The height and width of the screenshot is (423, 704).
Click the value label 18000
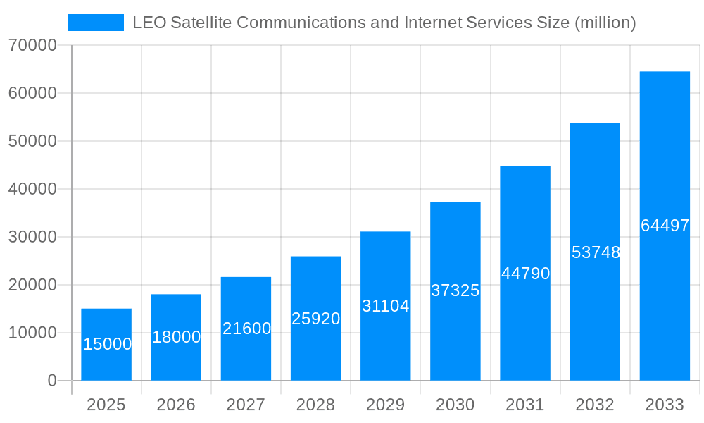[x=176, y=337]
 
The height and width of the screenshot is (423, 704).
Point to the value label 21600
[x=246, y=329]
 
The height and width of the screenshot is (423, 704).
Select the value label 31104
[x=385, y=306]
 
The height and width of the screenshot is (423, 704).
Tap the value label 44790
[x=525, y=274]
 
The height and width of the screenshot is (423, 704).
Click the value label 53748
[x=596, y=252]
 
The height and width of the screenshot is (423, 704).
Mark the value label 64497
[x=665, y=226]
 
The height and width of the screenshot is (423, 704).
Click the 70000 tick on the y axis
[x=32, y=45]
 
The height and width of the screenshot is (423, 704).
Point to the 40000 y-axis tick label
[x=32, y=189]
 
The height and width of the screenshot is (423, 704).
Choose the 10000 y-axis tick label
[x=32, y=333]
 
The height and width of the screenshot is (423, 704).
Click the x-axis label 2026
[x=176, y=405]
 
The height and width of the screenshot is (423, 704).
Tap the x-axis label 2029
[x=385, y=405]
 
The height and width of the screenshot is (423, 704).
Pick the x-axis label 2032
[x=595, y=405]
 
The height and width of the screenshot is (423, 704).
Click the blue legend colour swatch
[x=96, y=23]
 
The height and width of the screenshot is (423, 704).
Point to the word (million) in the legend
[x=605, y=23]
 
